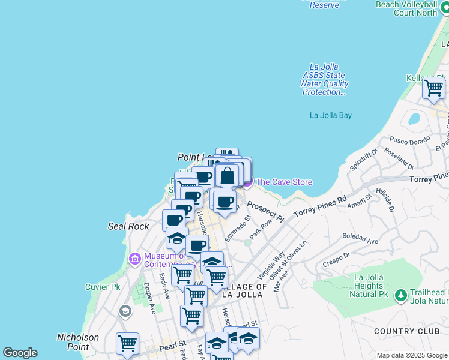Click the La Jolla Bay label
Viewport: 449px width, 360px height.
[x=330, y=115]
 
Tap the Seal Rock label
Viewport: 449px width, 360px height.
[x=128, y=226]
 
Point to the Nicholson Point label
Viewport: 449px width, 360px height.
[x=77, y=342]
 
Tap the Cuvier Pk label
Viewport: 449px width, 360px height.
[x=103, y=287]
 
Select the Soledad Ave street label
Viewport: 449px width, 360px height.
[x=360, y=239]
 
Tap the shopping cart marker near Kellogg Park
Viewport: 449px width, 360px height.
[x=433, y=88]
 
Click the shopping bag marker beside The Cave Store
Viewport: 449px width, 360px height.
[x=228, y=176]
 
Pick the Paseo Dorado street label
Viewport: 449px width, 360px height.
[x=410, y=140]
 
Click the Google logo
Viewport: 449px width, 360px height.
[x=20, y=353]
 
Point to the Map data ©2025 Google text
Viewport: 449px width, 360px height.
[x=412, y=355]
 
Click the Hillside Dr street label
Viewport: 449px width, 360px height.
[x=382, y=200]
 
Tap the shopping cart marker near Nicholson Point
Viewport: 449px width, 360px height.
[x=127, y=343]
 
